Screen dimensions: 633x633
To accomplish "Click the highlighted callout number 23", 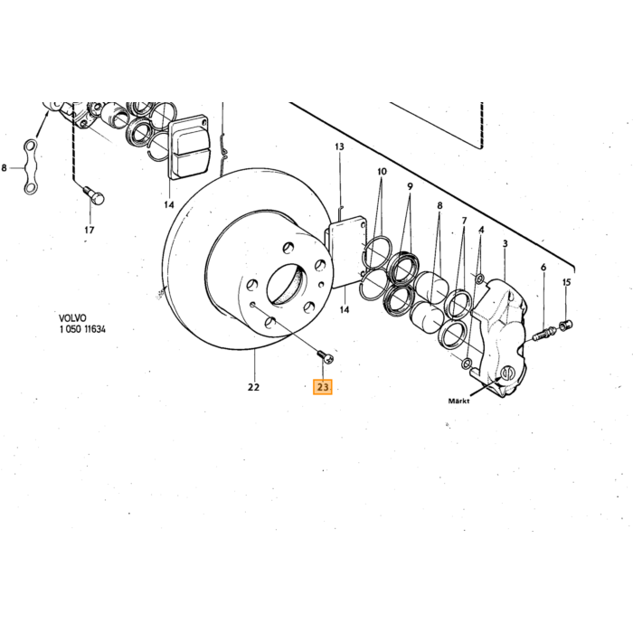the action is click(323, 387).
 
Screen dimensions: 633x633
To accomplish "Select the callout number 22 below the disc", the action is click(253, 387).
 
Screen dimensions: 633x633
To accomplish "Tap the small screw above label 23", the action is click(326, 356).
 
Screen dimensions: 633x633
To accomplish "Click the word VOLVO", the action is click(72, 318).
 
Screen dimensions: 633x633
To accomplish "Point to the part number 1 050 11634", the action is click(82, 329).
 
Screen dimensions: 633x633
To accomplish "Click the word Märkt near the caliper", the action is click(459, 401).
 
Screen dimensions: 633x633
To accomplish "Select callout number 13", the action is click(339, 146).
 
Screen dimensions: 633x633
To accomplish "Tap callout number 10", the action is click(382, 172).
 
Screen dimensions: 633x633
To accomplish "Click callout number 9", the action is click(411, 186).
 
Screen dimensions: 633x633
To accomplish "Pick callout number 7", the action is click(464, 221).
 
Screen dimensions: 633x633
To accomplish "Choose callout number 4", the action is click(481, 230).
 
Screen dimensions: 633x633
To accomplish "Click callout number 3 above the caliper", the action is click(505, 244).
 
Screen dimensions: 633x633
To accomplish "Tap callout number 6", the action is click(543, 268).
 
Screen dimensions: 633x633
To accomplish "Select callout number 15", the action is click(567, 282).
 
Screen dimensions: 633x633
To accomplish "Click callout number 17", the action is click(90, 230).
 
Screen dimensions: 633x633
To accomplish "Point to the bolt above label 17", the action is click(94, 195).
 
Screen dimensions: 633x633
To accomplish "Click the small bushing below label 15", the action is click(566, 324).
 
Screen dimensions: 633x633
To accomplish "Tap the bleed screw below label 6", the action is click(545, 334).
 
